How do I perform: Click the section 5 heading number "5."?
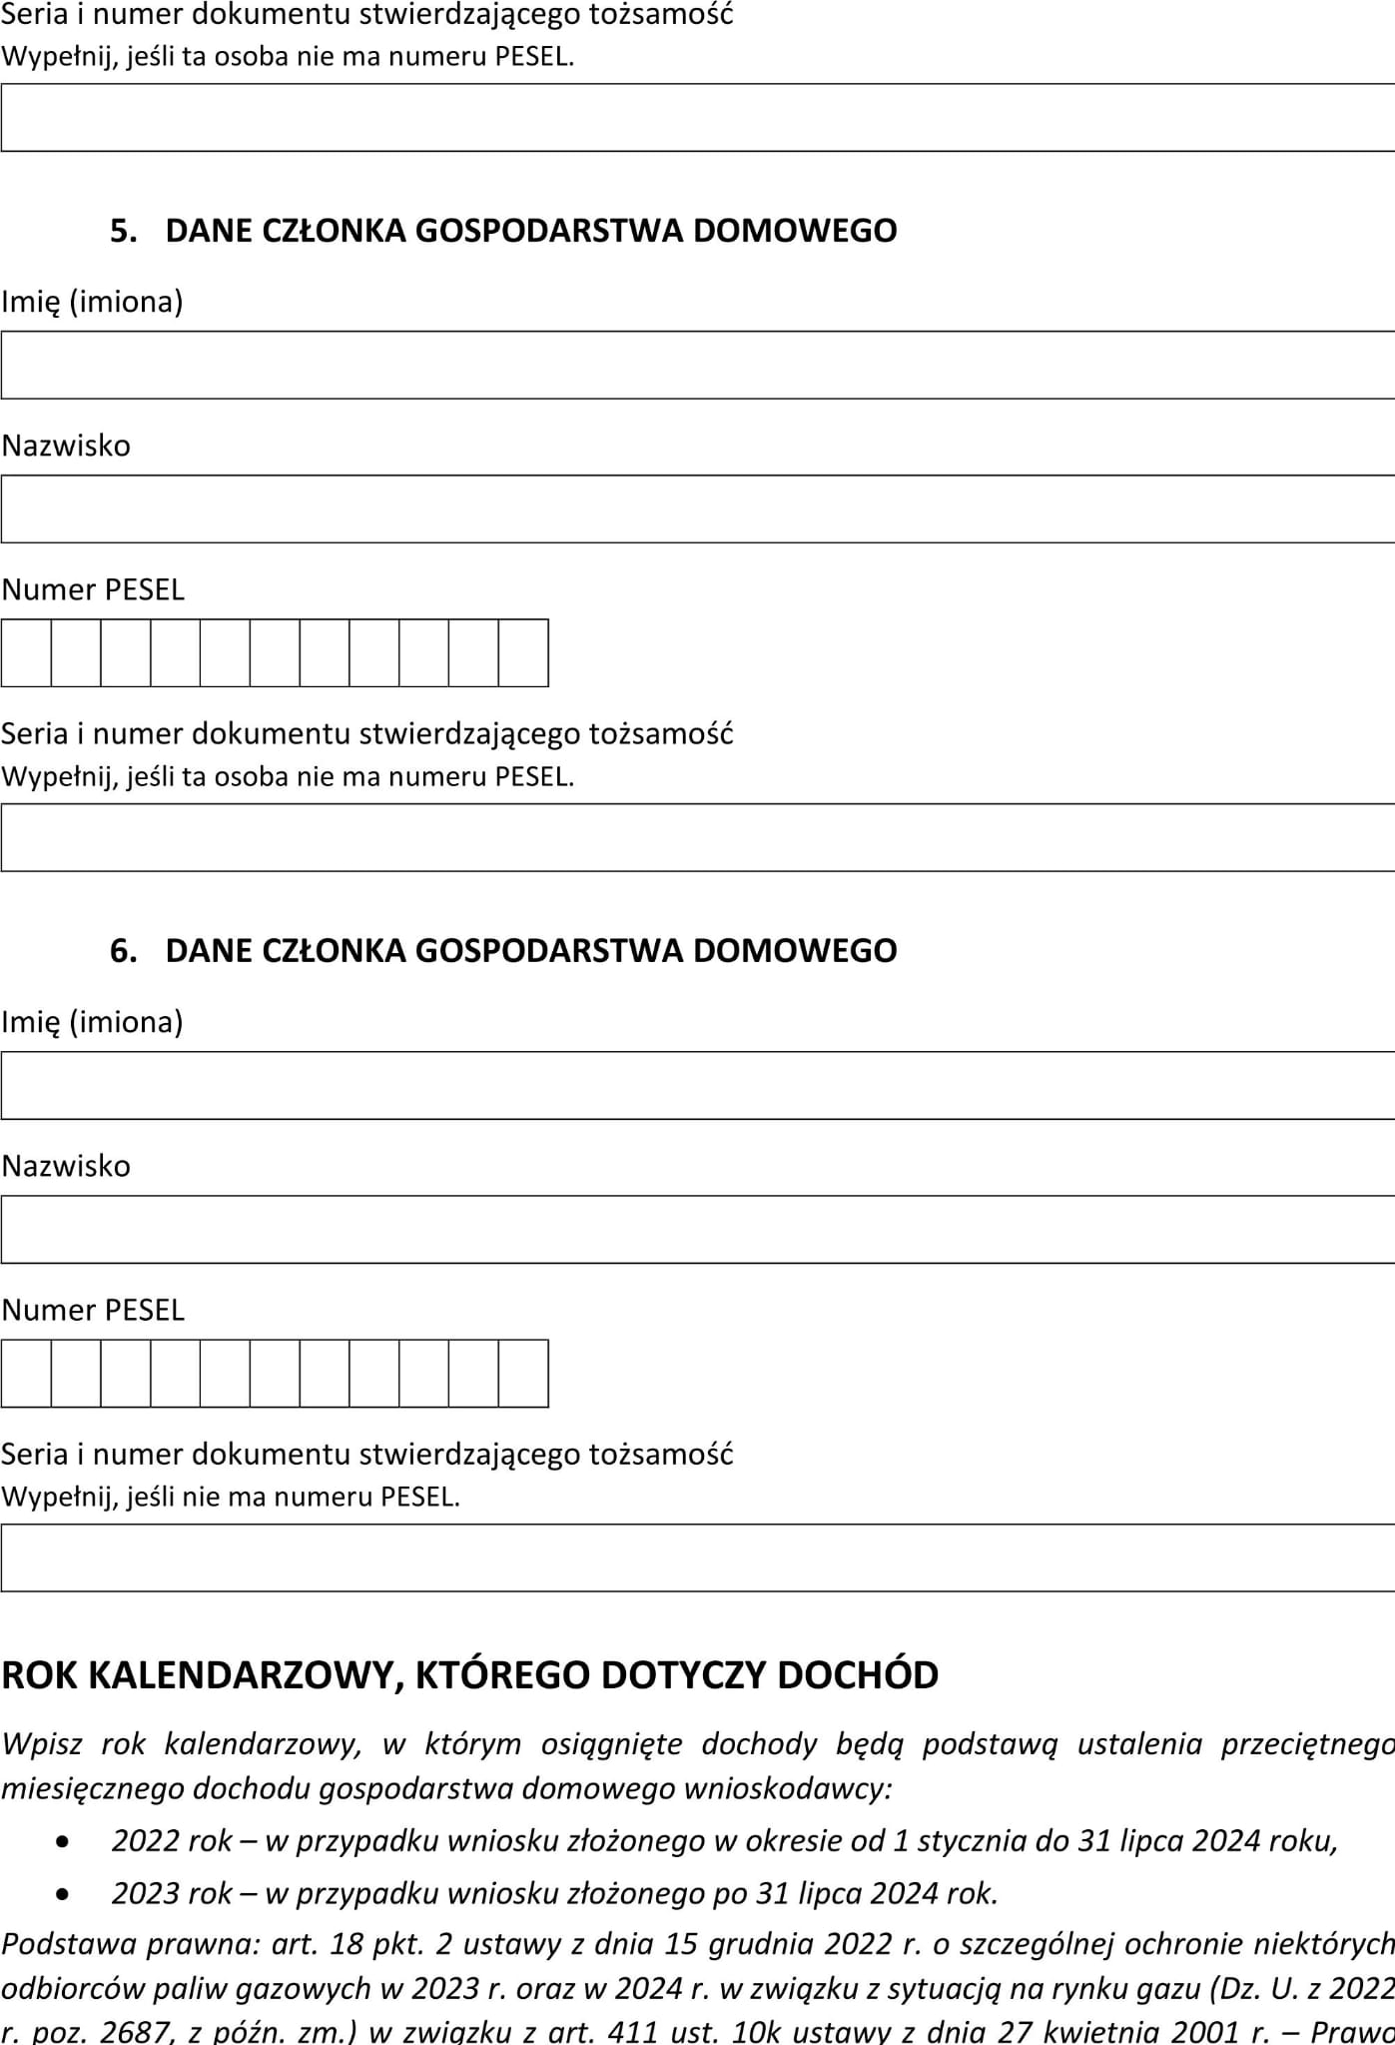123,231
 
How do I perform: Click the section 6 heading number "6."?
123,950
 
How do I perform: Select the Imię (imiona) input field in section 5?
697,365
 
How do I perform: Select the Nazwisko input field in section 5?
697,509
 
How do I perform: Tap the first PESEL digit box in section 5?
26,653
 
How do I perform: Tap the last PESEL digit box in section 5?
523,653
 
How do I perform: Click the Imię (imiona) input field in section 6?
697,1085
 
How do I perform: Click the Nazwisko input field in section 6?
697,1229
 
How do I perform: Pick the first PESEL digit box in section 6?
26,1374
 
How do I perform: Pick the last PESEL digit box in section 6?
523,1374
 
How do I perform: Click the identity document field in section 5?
697,837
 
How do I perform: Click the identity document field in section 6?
697,1557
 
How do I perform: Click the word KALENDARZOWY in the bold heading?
244,1675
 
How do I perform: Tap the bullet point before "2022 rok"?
64,1841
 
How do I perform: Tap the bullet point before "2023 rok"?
64,1893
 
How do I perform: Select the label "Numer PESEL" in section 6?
93,1310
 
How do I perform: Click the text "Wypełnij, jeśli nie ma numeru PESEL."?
231,1497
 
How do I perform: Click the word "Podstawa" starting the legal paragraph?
67,1943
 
